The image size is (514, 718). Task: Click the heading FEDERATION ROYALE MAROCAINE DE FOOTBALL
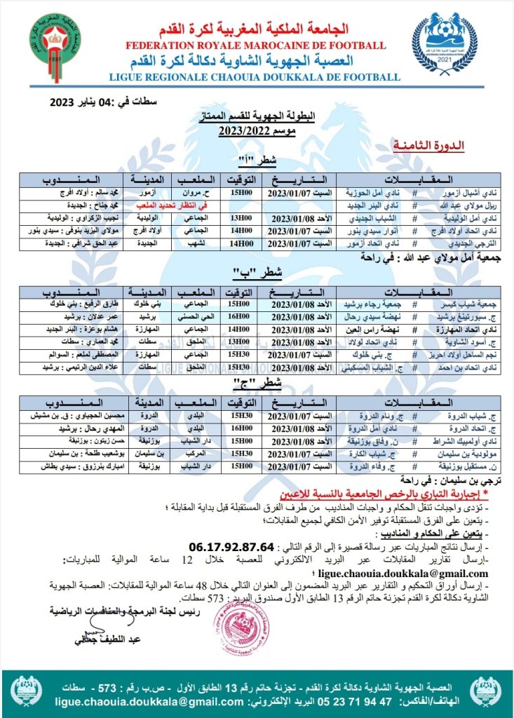257,46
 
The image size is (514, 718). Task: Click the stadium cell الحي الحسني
194,316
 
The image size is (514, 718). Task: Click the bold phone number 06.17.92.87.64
231,546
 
